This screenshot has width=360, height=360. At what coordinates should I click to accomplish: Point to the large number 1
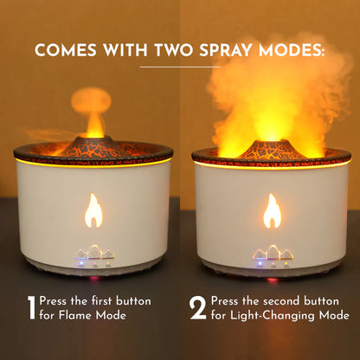pos(30,308)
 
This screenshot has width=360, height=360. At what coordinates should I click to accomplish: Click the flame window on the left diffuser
pos(93,210)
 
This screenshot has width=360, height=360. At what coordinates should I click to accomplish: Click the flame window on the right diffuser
pos(272,210)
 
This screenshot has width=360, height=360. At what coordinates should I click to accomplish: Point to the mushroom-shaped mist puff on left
pos(91,102)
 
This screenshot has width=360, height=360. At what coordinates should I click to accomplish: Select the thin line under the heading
pos(179,67)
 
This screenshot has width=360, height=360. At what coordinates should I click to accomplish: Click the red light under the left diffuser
pos(94,279)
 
